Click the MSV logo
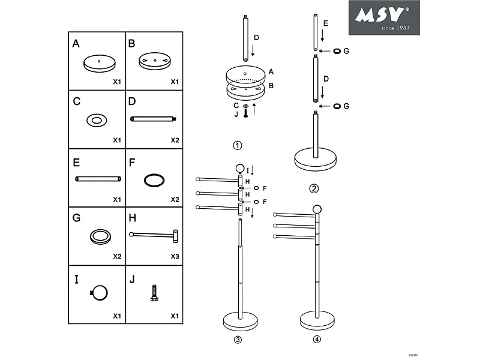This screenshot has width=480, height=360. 384,17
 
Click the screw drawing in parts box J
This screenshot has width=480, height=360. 154,293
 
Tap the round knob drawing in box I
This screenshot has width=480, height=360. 99,292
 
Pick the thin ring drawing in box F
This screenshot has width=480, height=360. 154,179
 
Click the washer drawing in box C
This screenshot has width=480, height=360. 96,121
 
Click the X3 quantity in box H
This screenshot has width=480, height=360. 174,256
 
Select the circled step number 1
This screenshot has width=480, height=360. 238,145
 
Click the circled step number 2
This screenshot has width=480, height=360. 314,189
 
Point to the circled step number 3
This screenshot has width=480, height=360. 238,340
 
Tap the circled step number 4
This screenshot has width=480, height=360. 317,340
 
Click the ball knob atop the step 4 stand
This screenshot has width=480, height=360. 317,209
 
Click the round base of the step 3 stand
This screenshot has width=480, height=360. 240,321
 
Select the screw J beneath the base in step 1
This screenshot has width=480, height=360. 245,113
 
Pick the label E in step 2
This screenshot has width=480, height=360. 325,23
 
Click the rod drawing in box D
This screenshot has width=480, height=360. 154,118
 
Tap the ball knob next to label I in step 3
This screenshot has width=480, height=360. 240,169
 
